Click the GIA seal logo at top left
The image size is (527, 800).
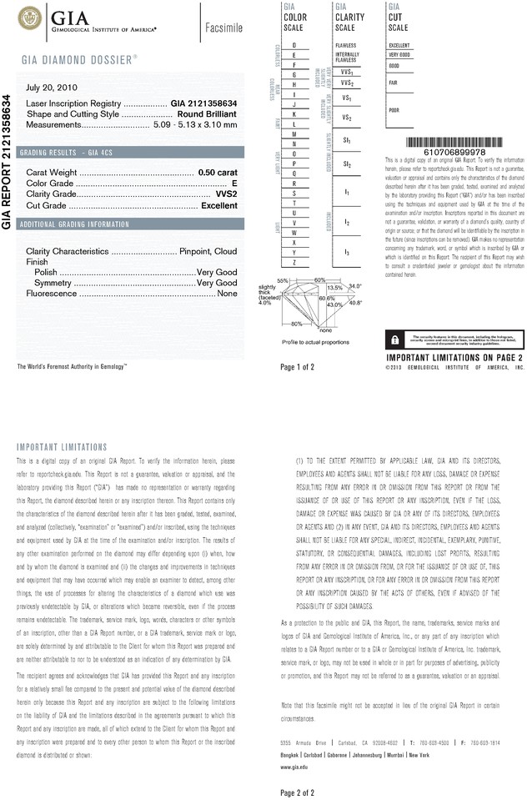pos(33,18)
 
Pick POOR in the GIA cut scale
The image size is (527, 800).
pos(394,110)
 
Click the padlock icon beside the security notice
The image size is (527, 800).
pos(393,340)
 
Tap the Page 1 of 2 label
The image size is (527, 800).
pos(298,366)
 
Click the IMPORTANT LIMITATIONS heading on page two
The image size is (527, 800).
pos(63,447)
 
